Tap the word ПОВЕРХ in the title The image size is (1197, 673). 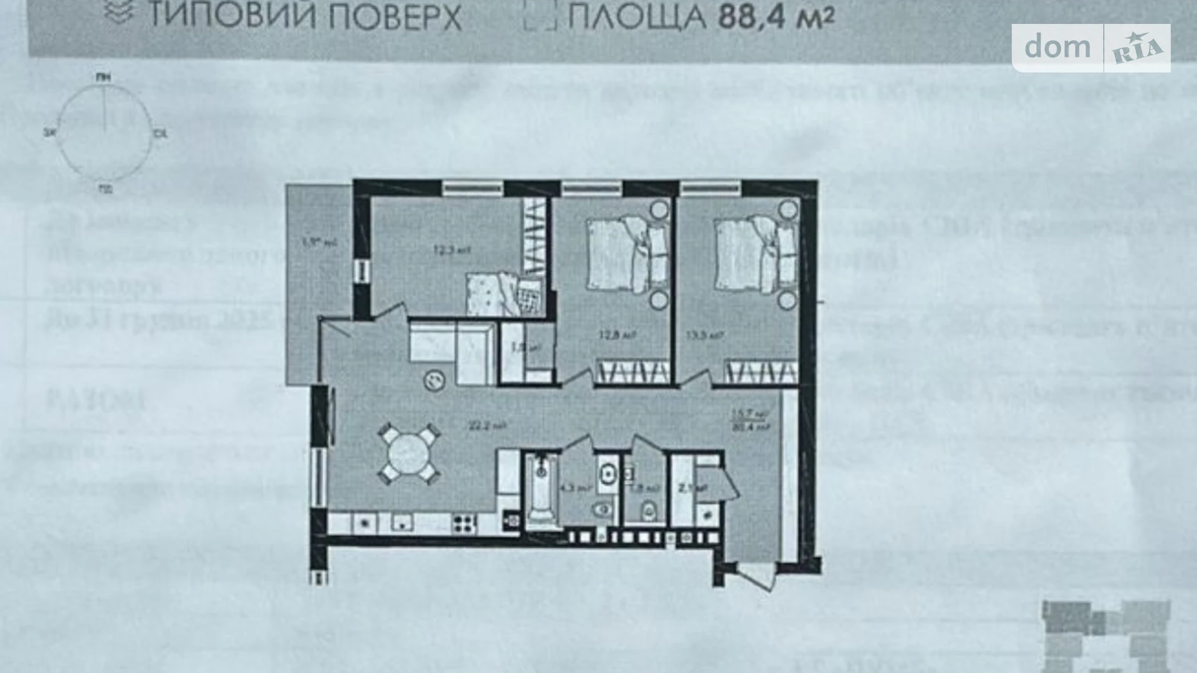click(x=394, y=17)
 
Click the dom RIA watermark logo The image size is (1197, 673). click(x=1091, y=47)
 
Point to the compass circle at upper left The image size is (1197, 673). click(x=104, y=133)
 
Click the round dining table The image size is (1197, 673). click(x=409, y=454)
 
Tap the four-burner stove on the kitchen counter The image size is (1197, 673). click(x=463, y=523)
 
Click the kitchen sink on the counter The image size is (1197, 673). click(x=402, y=523)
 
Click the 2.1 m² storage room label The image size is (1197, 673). click(x=685, y=489)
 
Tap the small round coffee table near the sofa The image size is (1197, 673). click(x=434, y=380)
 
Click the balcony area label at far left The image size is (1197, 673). click(x=311, y=244)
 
